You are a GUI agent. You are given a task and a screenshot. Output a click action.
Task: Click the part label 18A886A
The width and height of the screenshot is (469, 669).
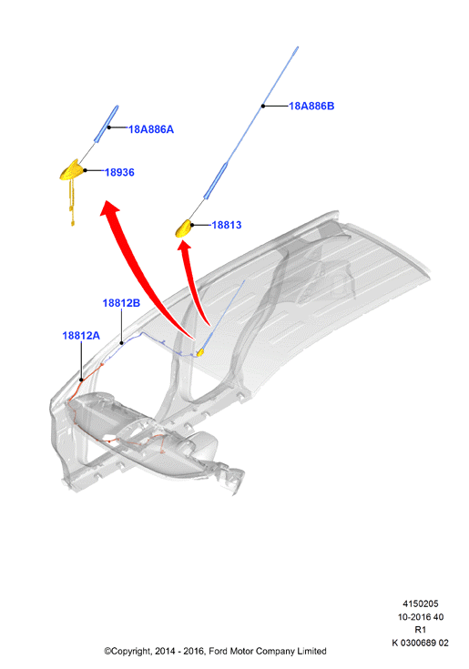coord(151,129)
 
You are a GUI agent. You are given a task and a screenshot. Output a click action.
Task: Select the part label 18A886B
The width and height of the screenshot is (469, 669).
coord(311,106)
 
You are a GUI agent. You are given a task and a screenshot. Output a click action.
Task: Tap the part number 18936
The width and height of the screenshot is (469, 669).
coord(119,172)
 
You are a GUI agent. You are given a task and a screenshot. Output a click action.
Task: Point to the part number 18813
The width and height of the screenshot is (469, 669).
coord(227,225)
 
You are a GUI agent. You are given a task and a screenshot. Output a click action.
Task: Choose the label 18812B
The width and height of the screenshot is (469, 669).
coord(121,303)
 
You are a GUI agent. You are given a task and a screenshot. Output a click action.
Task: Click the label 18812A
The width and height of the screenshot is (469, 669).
coord(81,336)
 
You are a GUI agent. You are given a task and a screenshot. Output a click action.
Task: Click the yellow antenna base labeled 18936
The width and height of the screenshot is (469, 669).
coord(71,171)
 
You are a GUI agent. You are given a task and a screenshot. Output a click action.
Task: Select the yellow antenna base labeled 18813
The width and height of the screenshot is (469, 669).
coord(184,228)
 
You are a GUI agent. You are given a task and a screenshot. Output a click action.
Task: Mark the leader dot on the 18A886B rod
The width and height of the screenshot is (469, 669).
coord(263,106)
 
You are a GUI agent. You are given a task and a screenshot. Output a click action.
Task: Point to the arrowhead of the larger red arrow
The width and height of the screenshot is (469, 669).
coord(110,208)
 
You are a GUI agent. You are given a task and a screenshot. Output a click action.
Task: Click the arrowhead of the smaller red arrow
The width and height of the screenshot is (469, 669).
coord(184,247)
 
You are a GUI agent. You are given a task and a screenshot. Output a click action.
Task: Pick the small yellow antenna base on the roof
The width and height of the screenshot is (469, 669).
coord(199,352)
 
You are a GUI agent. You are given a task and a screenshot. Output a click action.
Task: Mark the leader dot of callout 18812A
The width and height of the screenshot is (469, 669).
coord(82,380)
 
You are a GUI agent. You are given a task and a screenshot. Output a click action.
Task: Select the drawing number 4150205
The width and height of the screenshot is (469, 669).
coord(421,603)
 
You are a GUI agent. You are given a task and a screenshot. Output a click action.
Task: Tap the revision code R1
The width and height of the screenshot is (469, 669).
coord(421,630)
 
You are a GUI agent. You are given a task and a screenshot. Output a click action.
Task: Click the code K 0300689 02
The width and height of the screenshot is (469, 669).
coord(421,643)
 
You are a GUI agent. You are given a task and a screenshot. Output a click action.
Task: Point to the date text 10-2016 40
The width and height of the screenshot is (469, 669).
coord(421,617)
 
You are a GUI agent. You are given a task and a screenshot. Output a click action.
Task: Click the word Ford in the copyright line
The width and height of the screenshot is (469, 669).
coord(218,651)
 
